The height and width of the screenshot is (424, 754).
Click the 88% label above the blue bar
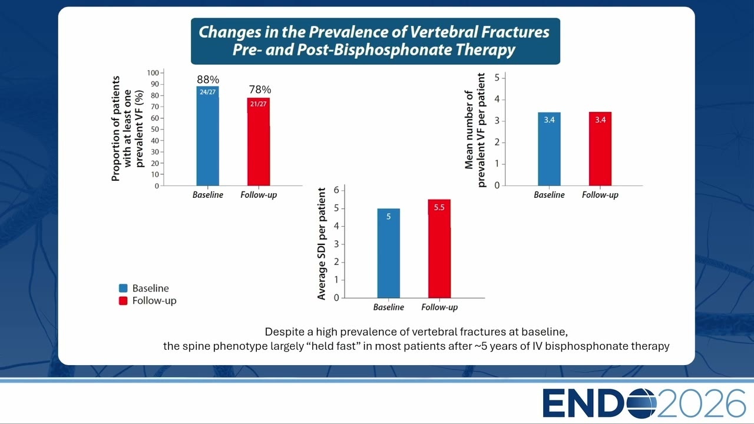208,79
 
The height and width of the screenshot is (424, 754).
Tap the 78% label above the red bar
260,90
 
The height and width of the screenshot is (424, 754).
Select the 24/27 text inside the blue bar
207,92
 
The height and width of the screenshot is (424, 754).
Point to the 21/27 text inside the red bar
258,104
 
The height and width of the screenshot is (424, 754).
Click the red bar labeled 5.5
439,249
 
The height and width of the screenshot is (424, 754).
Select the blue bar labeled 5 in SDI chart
388,253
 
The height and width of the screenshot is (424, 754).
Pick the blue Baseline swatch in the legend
123,288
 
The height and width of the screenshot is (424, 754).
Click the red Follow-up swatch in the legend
123,300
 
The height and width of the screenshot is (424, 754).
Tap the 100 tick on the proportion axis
153,72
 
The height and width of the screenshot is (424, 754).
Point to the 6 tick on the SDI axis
336,190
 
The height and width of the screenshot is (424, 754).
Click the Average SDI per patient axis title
322,244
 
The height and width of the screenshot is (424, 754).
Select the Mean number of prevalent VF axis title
475,130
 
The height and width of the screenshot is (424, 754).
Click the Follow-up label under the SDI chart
439,307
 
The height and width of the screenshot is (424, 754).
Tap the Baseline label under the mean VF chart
549,195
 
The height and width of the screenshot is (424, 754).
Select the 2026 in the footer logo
701,403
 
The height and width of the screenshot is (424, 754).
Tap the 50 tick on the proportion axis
155,129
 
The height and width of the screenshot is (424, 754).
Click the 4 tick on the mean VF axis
497,100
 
